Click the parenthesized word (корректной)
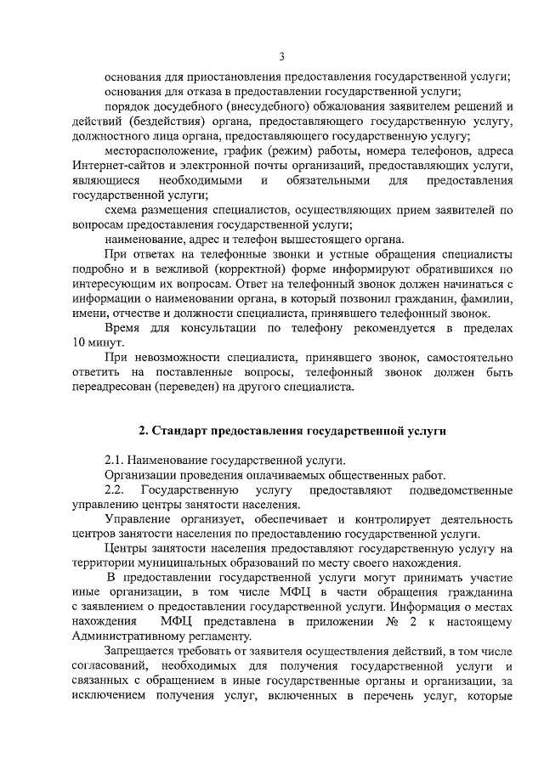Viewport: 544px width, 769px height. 241,270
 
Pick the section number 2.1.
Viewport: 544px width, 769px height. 115,461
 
